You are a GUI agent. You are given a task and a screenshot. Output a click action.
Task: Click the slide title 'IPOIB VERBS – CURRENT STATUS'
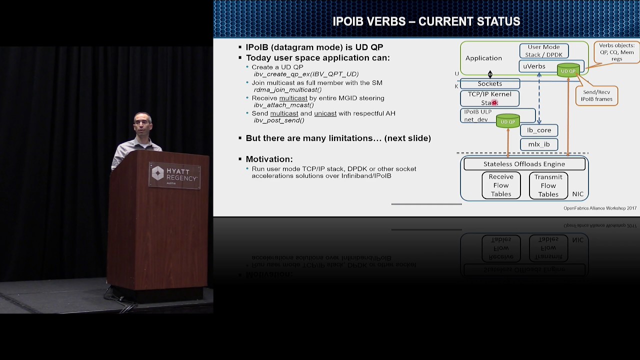(x=426, y=22)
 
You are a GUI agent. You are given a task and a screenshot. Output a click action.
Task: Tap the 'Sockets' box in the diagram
(x=489, y=84)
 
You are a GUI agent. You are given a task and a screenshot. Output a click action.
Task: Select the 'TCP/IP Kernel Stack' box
(x=489, y=98)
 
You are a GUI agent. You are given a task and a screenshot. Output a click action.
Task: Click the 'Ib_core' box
(x=539, y=130)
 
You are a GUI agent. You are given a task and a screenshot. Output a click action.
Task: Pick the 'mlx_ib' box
(x=539, y=144)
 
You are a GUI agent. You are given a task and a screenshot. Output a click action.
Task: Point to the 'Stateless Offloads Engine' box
(x=524, y=164)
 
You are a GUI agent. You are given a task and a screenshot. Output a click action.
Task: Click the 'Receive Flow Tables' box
(x=501, y=185)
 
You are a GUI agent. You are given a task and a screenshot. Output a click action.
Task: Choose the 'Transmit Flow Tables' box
(x=548, y=185)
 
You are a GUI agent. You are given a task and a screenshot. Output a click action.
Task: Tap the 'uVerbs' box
(x=534, y=66)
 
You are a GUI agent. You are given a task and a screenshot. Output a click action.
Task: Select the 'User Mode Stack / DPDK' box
(x=543, y=51)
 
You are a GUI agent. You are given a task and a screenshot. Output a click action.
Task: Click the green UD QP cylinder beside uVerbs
(x=568, y=70)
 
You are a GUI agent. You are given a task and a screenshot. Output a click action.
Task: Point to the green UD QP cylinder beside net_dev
(x=507, y=121)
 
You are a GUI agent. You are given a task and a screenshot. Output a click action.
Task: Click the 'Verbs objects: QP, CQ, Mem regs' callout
(x=616, y=52)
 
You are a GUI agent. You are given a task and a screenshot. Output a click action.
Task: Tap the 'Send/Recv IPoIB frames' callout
(x=596, y=95)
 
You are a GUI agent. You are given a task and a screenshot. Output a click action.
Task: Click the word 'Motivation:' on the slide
(x=269, y=159)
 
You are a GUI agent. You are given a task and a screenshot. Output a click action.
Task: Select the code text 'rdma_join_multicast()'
(x=287, y=90)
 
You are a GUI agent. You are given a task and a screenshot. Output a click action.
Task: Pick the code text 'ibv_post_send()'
(x=279, y=120)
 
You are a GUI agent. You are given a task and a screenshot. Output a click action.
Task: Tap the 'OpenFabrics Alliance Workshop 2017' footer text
(x=599, y=208)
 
